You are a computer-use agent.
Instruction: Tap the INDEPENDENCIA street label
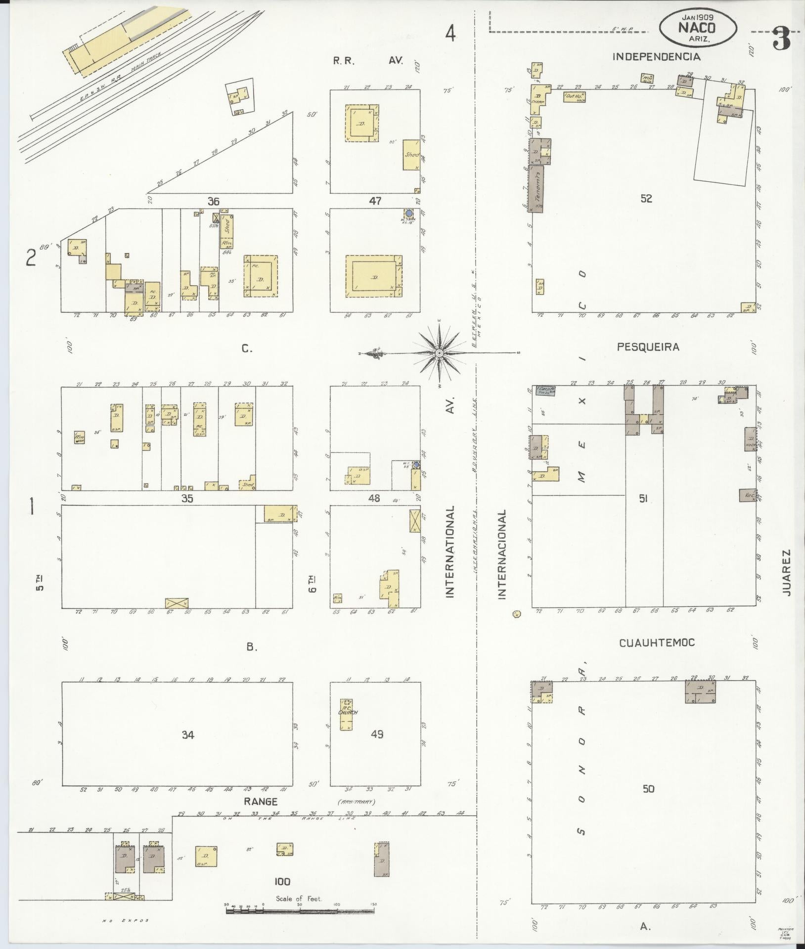pos(656,57)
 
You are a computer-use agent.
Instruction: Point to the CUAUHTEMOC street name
pos(656,643)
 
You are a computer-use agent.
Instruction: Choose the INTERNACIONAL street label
pos(503,555)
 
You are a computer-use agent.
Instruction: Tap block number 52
pos(646,199)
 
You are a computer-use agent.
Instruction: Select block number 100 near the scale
pos(282,882)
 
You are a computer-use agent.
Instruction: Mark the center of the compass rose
pos(439,352)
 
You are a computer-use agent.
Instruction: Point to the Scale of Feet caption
pos(299,899)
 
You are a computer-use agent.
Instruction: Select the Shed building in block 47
pos(411,155)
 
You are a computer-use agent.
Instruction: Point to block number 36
pos(213,201)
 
